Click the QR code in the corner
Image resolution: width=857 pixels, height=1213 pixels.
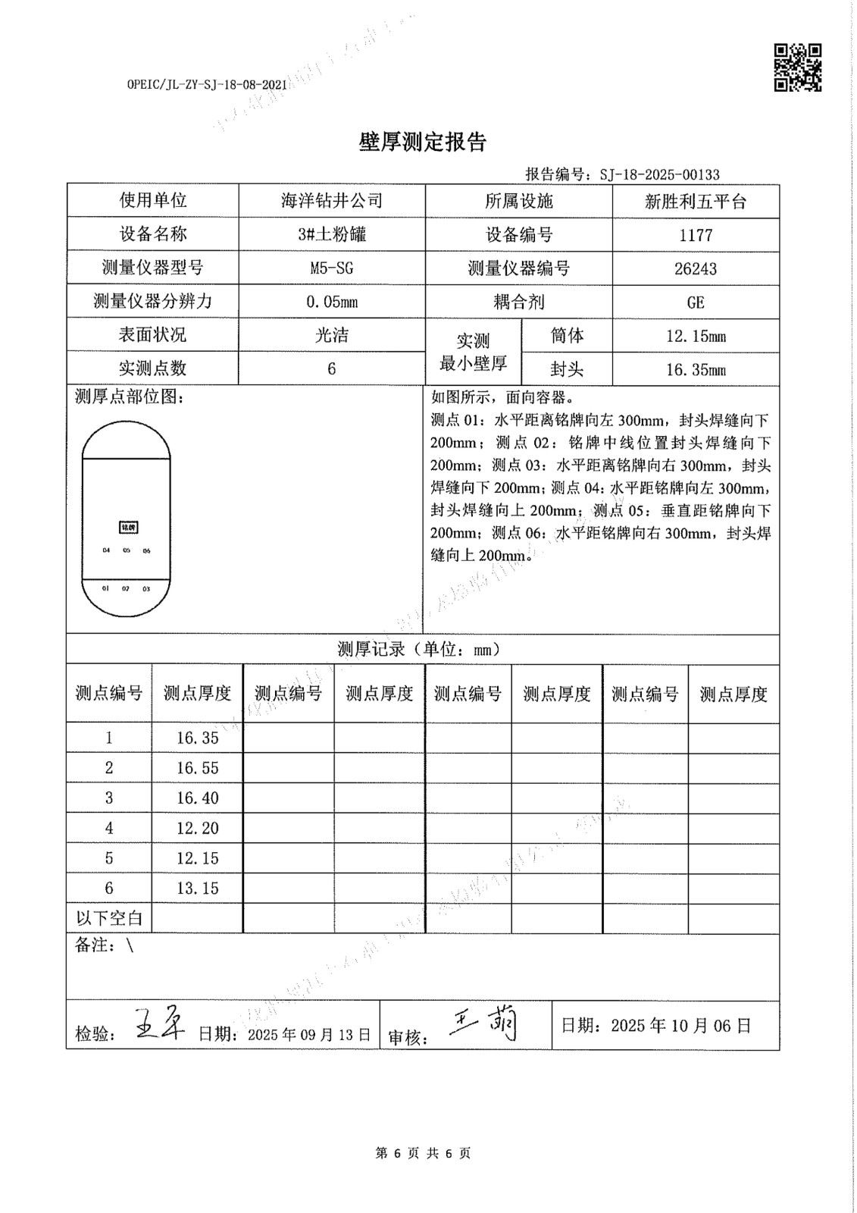point(797,67)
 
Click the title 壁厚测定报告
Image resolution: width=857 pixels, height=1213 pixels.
point(422,142)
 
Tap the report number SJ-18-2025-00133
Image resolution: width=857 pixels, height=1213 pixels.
point(659,175)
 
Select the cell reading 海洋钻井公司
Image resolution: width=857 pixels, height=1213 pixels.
point(332,201)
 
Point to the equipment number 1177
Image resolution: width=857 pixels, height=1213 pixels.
point(696,235)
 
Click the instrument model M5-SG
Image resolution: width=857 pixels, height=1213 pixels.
point(332,268)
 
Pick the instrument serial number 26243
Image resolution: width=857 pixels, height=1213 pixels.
point(696,268)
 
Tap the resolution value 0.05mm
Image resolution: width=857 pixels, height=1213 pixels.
point(332,302)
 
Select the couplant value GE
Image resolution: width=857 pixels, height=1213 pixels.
point(696,302)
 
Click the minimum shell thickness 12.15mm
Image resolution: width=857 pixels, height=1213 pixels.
point(696,336)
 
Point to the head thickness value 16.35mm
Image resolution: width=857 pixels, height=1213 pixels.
point(696,370)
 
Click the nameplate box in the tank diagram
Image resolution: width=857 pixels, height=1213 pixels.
point(129,527)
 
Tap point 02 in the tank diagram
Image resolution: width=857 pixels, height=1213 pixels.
point(126,588)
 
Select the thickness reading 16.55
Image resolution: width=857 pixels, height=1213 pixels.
point(197,768)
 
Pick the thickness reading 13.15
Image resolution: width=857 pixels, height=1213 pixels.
point(197,888)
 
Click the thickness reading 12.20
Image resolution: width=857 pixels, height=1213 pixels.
point(197,828)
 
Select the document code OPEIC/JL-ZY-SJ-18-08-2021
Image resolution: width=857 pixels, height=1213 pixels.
point(207,86)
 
